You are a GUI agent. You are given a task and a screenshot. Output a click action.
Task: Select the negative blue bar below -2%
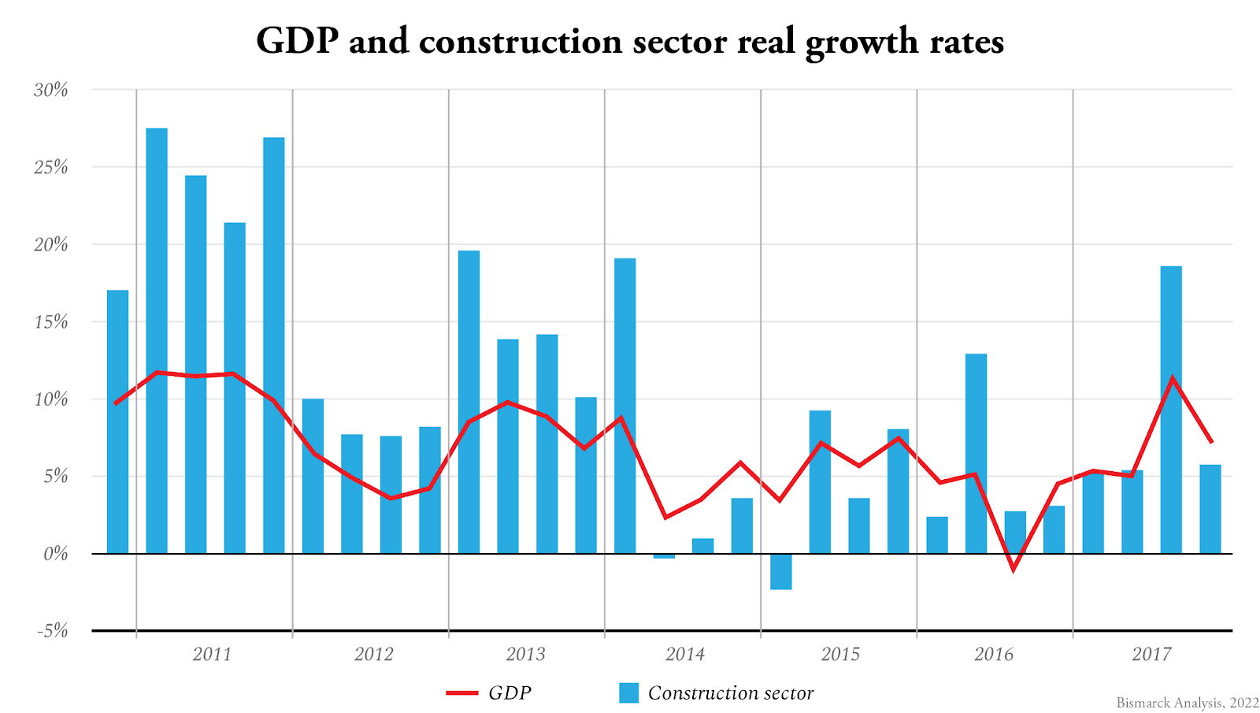[x=780, y=572]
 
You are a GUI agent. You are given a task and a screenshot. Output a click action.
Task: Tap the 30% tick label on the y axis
[x=51, y=90]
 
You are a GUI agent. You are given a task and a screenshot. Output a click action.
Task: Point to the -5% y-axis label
[x=52, y=631]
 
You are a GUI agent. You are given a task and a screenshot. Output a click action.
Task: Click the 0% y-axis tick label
[x=55, y=554]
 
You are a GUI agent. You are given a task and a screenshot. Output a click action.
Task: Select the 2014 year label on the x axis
[x=685, y=654]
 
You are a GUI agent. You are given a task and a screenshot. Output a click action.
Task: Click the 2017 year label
[x=1151, y=654]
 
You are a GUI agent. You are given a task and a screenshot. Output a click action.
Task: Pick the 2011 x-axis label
[x=213, y=654]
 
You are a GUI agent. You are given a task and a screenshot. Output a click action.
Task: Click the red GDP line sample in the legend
[x=462, y=693]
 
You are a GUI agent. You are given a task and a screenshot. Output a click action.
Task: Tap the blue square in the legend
[x=628, y=693]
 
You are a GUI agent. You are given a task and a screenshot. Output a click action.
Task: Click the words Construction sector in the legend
[x=730, y=693]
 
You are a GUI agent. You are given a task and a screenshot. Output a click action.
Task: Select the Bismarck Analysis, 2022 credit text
[x=1187, y=703]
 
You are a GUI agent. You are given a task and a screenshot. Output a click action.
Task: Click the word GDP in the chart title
[x=297, y=41]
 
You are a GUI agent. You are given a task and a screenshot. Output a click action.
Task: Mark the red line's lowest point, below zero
[x=1014, y=569]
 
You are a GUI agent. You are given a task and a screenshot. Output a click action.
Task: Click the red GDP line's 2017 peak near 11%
[x=1172, y=378]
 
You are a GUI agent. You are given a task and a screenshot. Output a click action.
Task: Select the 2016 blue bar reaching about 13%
[x=976, y=453]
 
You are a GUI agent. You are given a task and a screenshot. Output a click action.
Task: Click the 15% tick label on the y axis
[x=51, y=322]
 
